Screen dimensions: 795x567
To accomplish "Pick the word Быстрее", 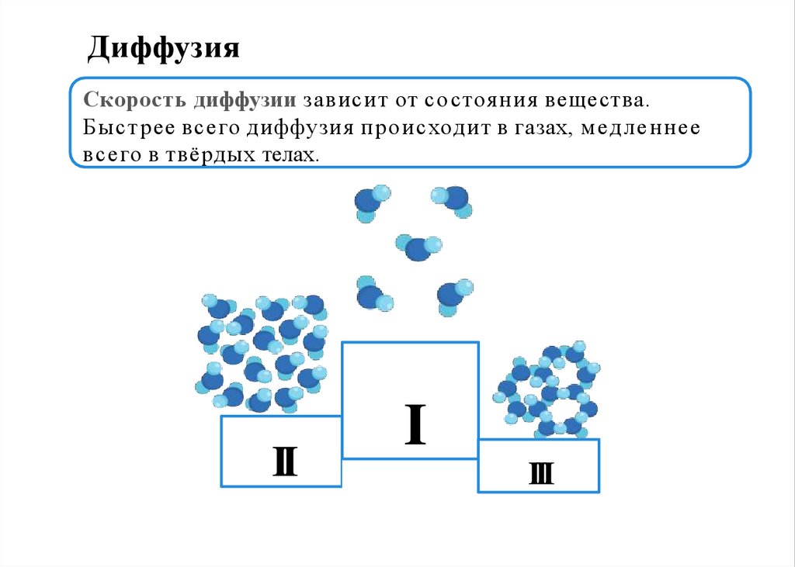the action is point(119,128).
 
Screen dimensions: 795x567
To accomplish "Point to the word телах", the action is point(292,154).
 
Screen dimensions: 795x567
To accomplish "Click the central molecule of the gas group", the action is point(418,247).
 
